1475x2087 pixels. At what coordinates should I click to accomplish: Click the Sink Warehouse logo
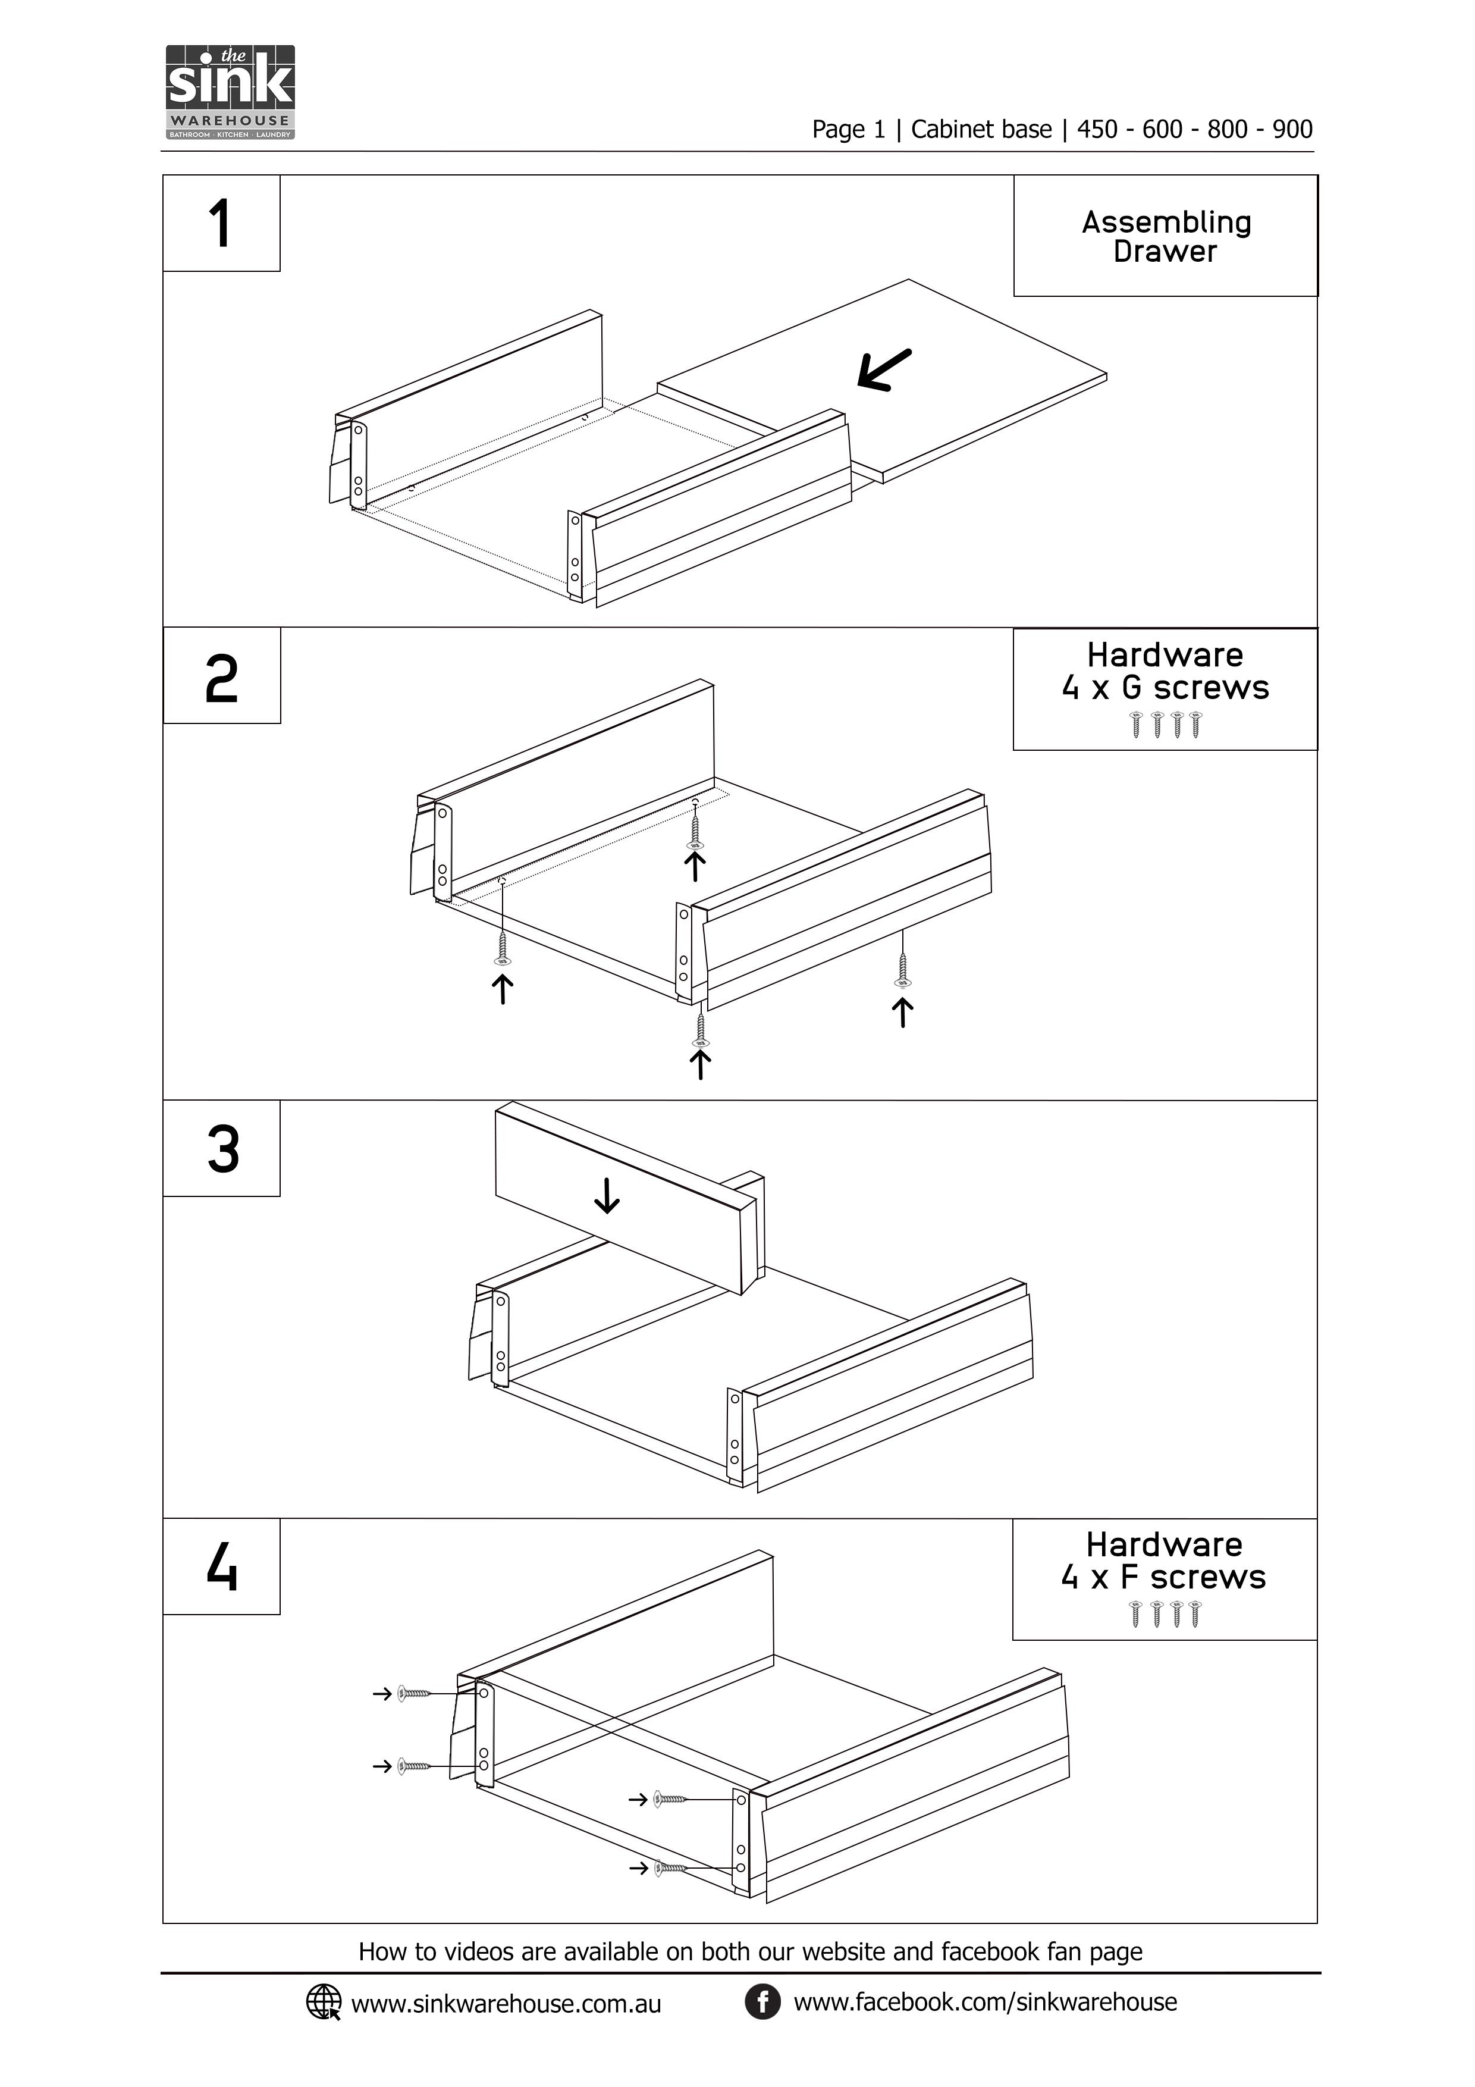[x=231, y=92]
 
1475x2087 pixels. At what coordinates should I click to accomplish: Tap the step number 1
[x=220, y=224]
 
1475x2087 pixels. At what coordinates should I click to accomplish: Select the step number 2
[x=222, y=679]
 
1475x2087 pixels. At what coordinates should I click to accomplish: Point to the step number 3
[x=222, y=1149]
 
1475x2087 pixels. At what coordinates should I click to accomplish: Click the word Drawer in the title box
[x=1165, y=252]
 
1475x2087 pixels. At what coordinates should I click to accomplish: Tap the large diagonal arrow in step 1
[x=884, y=370]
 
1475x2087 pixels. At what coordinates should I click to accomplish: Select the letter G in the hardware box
[x=1131, y=688]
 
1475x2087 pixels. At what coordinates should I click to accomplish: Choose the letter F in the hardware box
[x=1129, y=1577]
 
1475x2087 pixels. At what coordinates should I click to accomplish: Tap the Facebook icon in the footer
[x=762, y=2001]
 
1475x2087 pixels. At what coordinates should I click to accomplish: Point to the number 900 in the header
[x=1292, y=129]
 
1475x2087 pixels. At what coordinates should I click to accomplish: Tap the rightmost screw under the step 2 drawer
[x=902, y=970]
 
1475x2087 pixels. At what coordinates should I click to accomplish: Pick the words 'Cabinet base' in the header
[x=981, y=129]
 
